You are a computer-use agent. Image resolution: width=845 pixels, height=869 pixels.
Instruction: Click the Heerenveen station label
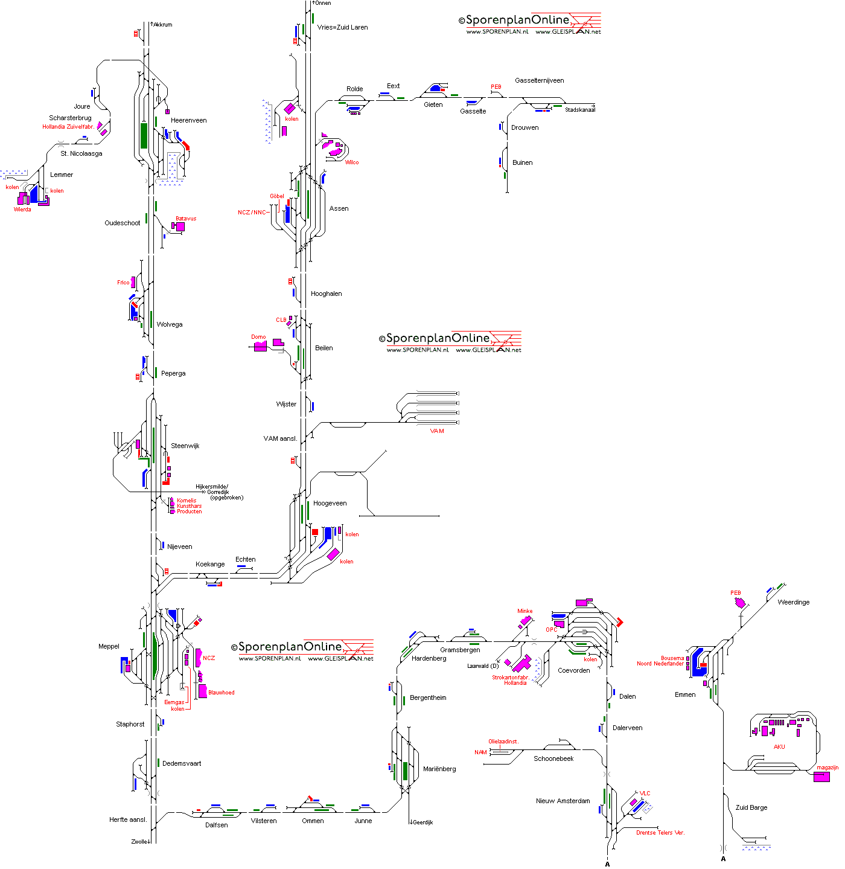click(188, 120)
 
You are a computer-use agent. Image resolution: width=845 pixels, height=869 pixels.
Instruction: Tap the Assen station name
click(339, 208)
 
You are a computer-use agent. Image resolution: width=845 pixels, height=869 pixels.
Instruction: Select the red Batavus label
click(186, 219)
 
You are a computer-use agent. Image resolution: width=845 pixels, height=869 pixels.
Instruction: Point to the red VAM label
click(437, 431)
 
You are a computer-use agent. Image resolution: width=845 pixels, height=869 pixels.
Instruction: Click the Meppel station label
click(109, 646)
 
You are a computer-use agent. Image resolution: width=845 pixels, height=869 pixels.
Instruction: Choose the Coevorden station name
click(573, 670)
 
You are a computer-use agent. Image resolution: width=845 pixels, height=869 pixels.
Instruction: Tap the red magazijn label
click(827, 768)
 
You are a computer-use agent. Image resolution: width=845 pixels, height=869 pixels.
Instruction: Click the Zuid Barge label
click(751, 807)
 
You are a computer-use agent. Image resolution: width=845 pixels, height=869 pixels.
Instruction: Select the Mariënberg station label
click(439, 769)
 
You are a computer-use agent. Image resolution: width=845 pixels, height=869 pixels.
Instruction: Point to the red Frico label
click(123, 283)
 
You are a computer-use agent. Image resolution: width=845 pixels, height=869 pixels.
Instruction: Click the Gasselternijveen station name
click(539, 80)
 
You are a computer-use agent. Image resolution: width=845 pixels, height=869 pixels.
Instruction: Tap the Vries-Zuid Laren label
click(342, 27)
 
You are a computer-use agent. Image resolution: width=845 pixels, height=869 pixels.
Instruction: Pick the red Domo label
click(258, 337)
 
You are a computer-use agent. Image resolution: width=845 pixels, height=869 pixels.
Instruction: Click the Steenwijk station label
click(185, 446)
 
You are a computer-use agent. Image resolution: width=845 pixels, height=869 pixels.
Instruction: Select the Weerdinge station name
click(793, 602)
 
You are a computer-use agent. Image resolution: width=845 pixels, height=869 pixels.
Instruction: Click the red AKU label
click(779, 746)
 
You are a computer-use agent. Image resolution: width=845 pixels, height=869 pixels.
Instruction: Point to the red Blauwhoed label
click(221, 693)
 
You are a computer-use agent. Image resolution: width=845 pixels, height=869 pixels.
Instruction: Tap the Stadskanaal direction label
click(579, 110)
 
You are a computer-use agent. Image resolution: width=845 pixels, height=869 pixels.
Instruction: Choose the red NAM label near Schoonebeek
click(480, 752)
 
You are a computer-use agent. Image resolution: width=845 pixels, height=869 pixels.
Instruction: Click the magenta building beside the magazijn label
click(821, 777)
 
